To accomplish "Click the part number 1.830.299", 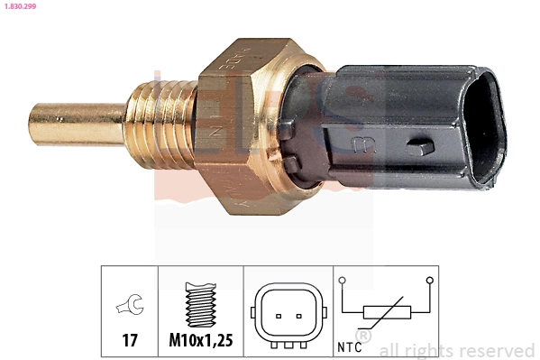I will [x=21, y=6].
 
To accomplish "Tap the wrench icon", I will [x=129, y=308].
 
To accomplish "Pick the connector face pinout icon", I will [x=287, y=316].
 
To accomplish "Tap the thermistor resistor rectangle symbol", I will [x=387, y=313].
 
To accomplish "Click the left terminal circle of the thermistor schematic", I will [x=343, y=282].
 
